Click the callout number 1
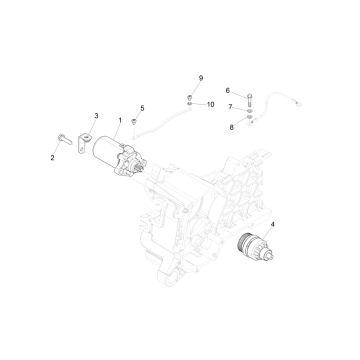120,120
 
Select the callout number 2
52,158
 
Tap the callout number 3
96,116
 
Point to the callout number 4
273,224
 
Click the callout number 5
142,108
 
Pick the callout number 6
228,90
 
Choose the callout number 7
230,107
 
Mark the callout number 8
232,127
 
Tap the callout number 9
201,78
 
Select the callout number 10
210,104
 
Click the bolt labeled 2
65,139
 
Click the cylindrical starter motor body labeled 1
105,152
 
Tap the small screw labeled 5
134,121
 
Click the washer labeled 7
250,110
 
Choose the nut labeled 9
189,98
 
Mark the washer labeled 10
189,105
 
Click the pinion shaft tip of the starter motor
142,169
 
